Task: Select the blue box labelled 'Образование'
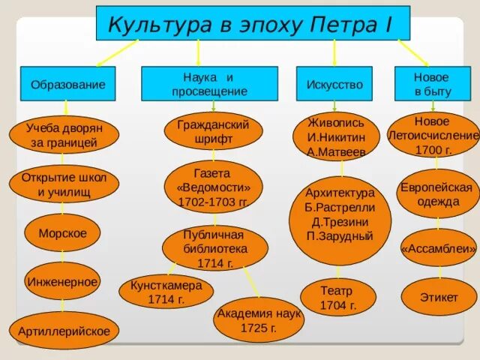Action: [x=68, y=85]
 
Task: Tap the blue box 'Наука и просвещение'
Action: [x=209, y=84]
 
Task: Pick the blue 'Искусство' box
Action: [x=334, y=85]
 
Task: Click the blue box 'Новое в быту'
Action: [x=431, y=84]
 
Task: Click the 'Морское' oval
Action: [x=62, y=233]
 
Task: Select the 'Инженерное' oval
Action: [x=62, y=282]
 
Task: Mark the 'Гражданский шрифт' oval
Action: [x=213, y=131]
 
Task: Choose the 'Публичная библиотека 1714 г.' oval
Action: [x=215, y=248]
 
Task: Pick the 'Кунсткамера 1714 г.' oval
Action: [x=166, y=292]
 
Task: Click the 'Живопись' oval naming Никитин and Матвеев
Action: [x=337, y=136]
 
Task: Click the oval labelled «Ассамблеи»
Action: [x=439, y=247]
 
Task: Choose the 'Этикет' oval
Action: [x=439, y=297]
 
